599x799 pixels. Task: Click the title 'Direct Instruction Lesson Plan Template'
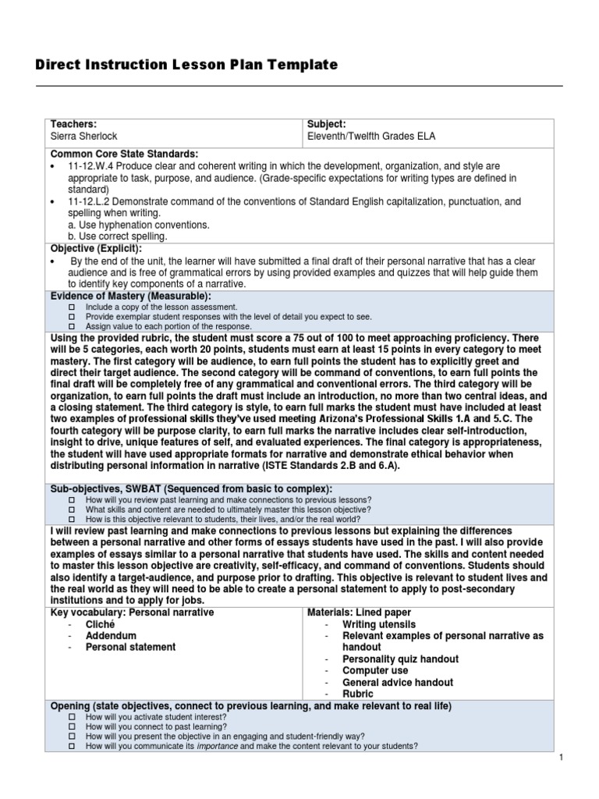(x=186, y=66)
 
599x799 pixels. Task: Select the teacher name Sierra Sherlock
(x=83, y=136)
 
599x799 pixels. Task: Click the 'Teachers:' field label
(x=73, y=124)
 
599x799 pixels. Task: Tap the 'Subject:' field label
(x=327, y=124)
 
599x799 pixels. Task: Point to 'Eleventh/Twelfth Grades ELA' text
(x=371, y=136)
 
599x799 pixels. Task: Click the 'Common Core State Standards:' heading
(x=124, y=154)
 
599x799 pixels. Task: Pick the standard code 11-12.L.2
(x=91, y=201)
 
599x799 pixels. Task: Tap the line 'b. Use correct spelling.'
(x=118, y=236)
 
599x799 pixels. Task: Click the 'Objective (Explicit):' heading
(x=96, y=248)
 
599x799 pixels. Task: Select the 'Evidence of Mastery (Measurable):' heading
(x=130, y=297)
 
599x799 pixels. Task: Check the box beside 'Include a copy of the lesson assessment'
(x=71, y=308)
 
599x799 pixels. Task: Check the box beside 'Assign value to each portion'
(x=71, y=326)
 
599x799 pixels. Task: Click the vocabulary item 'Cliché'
(x=100, y=624)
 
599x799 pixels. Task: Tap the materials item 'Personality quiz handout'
(x=400, y=659)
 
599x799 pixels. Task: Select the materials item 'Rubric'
(x=357, y=694)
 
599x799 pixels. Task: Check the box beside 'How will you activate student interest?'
(x=71, y=716)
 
